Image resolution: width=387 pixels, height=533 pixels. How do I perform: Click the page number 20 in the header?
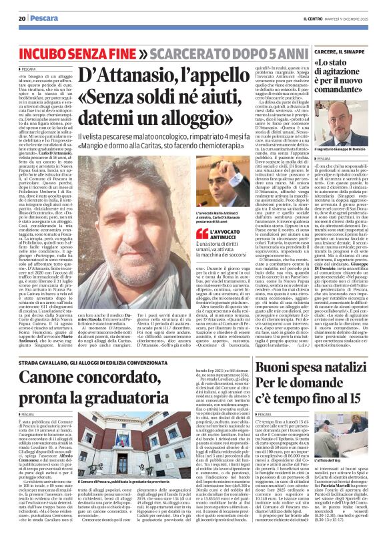[x=21, y=19]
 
